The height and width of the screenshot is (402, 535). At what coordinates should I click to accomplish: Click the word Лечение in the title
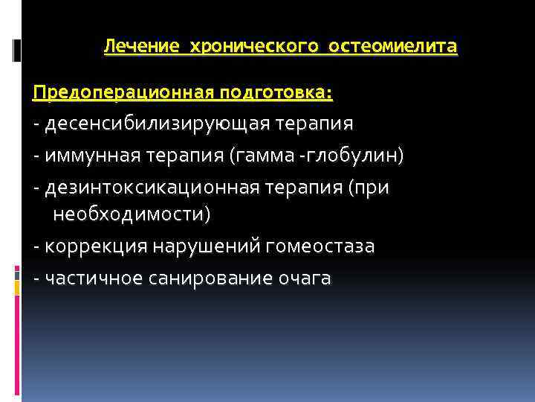click(x=141, y=47)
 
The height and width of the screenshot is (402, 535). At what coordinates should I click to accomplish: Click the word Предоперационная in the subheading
click(x=122, y=93)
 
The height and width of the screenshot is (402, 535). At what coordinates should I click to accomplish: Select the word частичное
click(x=91, y=278)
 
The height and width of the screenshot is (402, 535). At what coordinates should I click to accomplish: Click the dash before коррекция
click(x=37, y=247)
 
